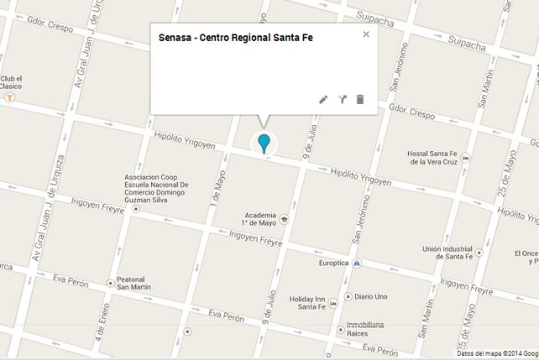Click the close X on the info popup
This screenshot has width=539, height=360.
[366, 34]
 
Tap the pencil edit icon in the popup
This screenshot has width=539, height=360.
[324, 99]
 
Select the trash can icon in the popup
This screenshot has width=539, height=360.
[360, 99]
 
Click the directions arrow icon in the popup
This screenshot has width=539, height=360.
[343, 99]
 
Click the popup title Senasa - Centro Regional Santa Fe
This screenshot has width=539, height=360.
[235, 38]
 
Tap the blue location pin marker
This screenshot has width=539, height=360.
[264, 143]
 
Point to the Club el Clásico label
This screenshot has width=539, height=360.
[11, 82]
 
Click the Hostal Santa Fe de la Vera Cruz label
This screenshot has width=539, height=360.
[436, 158]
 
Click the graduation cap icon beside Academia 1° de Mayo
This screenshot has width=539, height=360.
[284, 220]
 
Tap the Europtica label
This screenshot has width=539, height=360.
[333, 263]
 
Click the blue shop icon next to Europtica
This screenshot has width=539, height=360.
[358, 263]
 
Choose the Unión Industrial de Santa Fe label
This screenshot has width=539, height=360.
[447, 253]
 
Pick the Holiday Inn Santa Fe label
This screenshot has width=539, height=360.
[313, 302]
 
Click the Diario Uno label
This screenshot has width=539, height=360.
[370, 296]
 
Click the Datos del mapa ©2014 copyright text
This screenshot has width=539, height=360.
[495, 354]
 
